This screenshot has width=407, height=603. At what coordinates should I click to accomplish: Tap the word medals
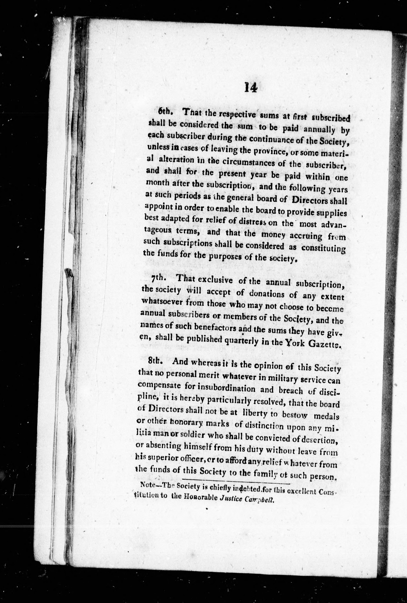[x=327, y=417]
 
